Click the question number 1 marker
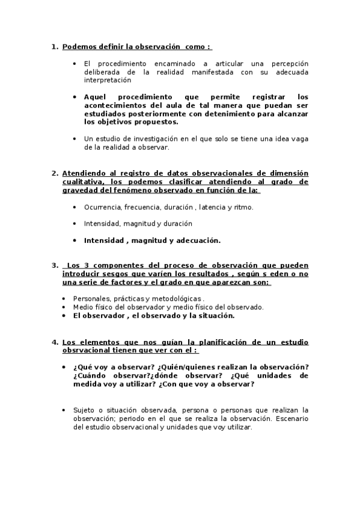pyautogui.click(x=54, y=46)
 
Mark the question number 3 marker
pyautogui.click(x=54, y=265)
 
